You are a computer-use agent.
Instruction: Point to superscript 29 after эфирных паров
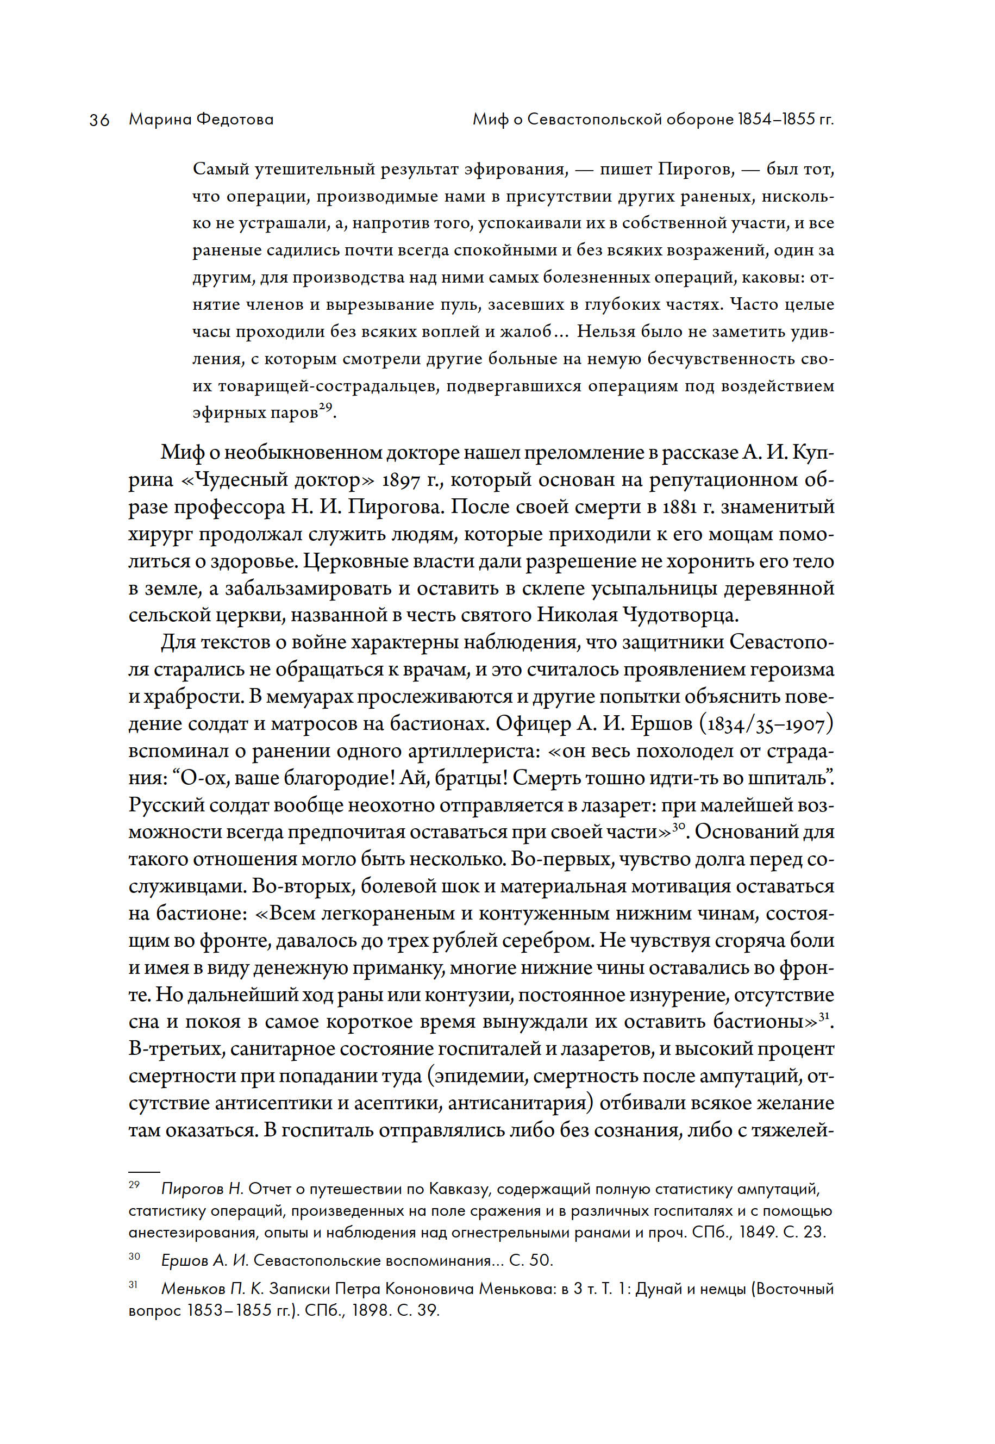(x=326, y=408)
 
